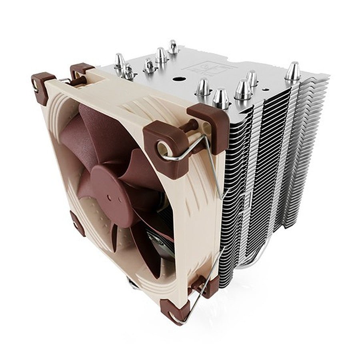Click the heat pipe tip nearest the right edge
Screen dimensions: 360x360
point(293,72)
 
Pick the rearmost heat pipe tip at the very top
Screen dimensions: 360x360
point(173,47)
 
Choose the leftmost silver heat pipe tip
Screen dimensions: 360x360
point(119,61)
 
